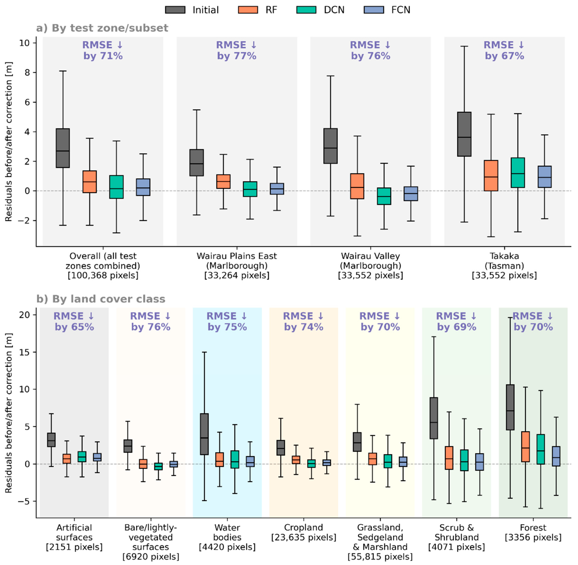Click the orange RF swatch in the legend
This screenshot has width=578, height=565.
[x=248, y=10]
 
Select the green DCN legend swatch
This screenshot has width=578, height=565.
[x=306, y=10]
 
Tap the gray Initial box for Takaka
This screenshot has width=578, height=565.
[x=464, y=134]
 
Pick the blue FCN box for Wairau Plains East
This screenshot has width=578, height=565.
[x=277, y=189]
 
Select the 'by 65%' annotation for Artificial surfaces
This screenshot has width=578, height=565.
[x=74, y=327]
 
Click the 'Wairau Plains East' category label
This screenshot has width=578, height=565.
[x=237, y=256]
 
